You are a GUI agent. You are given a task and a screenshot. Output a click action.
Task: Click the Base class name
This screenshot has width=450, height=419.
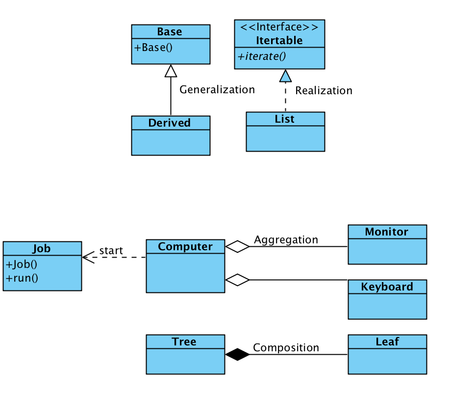coord(170,32)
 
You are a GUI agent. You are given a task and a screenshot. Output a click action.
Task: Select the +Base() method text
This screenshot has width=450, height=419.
coord(154,48)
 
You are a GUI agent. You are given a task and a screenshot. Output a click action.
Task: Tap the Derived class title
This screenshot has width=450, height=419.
coord(170,123)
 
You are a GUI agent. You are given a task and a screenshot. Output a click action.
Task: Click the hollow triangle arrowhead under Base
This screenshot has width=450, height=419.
coord(171,71)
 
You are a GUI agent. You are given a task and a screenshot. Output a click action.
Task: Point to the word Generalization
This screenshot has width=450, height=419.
coord(217,90)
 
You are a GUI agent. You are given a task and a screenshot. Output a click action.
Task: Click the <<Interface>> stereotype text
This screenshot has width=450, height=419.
coord(279,27)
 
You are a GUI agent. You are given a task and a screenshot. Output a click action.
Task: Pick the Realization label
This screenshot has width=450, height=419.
coord(324,91)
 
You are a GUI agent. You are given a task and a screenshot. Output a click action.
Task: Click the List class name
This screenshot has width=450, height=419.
coord(285,119)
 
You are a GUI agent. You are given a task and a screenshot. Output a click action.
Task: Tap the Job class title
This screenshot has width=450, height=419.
coord(42,249)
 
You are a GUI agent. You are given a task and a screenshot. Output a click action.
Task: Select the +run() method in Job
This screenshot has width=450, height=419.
coord(23,278)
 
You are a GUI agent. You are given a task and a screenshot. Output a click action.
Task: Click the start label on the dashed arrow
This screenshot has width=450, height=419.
coord(111,251)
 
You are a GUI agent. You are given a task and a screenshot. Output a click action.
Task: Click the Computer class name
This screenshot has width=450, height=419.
coord(185,247)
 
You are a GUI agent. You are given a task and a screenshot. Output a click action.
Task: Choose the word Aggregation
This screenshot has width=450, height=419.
coord(286,240)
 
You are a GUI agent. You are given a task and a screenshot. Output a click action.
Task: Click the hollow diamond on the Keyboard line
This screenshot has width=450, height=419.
coord(237,280)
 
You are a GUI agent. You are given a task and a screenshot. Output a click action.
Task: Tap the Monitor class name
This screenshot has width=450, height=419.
coord(387,232)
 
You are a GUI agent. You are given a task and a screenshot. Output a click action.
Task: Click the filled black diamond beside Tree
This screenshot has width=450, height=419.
coord(237,354)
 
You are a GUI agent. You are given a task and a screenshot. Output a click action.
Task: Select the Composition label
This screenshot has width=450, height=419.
coord(286,348)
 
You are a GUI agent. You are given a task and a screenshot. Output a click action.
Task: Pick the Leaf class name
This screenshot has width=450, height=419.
coord(387,342)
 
